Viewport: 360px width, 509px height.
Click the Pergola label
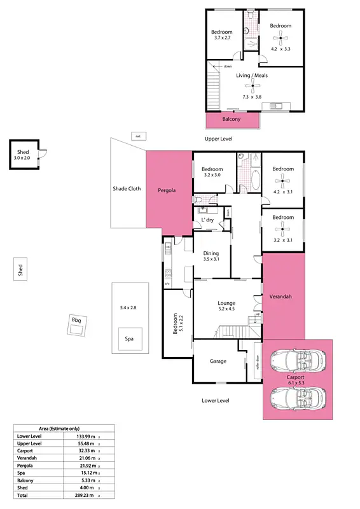(x=167, y=190)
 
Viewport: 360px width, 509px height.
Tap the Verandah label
(x=280, y=296)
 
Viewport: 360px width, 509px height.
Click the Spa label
(x=129, y=339)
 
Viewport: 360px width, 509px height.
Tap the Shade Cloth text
(x=127, y=188)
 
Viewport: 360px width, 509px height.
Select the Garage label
(x=219, y=361)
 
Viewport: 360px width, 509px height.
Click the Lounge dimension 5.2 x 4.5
(x=226, y=310)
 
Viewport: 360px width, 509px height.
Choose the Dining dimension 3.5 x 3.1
(x=211, y=260)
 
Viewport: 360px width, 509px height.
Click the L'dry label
(x=207, y=220)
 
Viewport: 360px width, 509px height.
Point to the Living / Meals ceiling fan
(x=253, y=86)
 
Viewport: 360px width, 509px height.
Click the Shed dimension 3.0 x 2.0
(x=23, y=158)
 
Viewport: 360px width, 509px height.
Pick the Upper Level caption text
(x=218, y=138)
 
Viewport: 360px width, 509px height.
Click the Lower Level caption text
(x=215, y=401)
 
